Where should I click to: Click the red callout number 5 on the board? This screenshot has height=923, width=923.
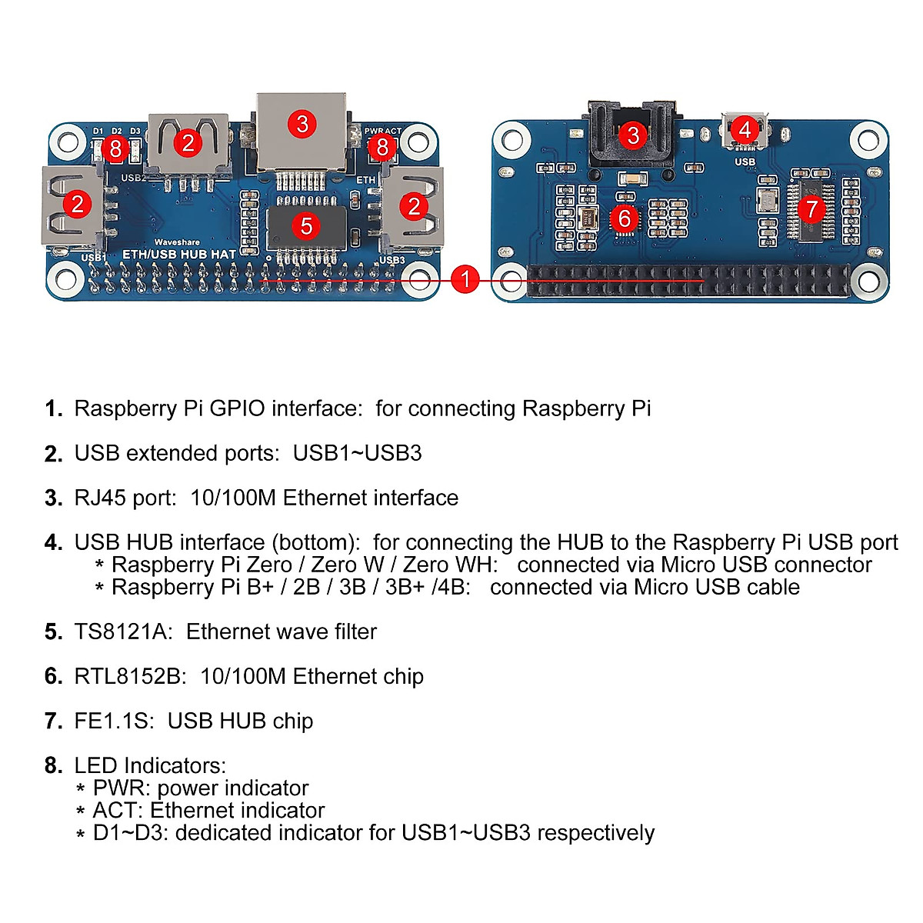(307, 225)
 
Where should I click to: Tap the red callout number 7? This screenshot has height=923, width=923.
(810, 208)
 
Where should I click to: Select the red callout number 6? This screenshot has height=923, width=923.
(625, 218)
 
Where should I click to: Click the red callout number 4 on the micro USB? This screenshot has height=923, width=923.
(744, 129)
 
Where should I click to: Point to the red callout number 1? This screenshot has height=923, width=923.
(465, 278)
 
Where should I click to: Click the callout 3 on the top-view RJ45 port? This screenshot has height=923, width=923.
(302, 123)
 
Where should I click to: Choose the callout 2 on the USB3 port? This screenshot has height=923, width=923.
(415, 206)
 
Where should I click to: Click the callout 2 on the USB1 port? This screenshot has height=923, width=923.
(77, 204)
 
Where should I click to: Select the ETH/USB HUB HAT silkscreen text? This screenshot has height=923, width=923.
(179, 254)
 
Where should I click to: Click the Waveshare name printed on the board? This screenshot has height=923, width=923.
(177, 242)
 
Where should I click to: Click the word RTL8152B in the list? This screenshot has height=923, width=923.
(130, 676)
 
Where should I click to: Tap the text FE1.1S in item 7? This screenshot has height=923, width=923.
(114, 721)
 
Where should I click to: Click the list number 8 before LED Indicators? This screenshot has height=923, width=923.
(53, 765)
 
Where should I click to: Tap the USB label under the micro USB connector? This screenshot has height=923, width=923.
(745, 162)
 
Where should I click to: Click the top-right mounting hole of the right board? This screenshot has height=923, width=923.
(868, 141)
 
